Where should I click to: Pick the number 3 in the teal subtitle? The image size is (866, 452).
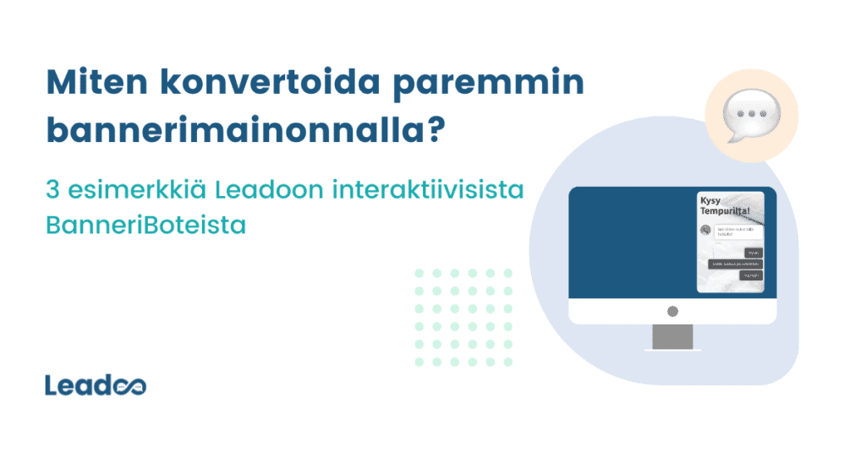tap(52, 190)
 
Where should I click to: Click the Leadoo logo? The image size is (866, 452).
tap(96, 385)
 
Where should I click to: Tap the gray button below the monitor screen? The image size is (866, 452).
tap(672, 311)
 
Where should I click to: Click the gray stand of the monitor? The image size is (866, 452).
tap(672, 336)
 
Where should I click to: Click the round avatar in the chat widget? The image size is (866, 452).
tap(705, 230)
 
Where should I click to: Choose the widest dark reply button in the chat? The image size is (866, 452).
tap(735, 264)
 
